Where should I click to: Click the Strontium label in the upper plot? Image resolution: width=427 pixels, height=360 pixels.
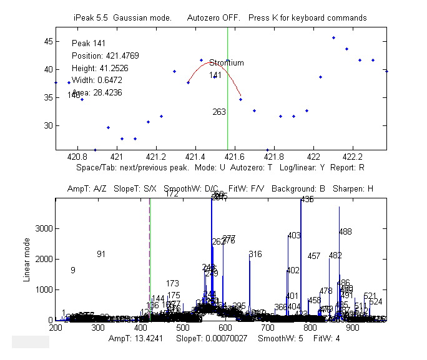coord(226,63)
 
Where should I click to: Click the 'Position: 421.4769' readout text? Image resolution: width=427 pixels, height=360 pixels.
coord(105,56)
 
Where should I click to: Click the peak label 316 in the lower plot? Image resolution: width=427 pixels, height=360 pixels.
coord(255,254)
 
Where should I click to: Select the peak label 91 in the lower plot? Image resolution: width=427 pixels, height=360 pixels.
coord(101,254)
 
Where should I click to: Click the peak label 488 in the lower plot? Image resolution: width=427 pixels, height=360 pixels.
coord(345,231)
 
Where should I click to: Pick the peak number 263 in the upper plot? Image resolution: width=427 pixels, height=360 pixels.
coord(219,112)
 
